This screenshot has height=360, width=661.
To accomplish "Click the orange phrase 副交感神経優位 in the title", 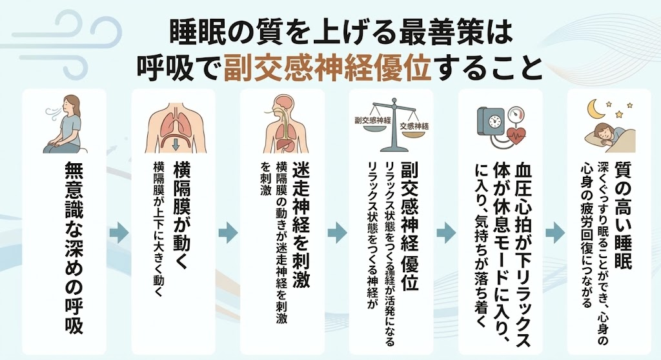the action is [327, 68].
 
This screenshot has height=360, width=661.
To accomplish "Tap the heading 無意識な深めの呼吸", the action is [74, 248].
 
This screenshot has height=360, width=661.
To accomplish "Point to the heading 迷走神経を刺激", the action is [301, 225].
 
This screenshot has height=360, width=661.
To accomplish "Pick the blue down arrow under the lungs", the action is [176, 145].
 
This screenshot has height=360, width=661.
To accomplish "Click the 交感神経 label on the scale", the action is [414, 126].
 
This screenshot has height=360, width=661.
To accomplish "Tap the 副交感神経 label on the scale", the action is [373, 120].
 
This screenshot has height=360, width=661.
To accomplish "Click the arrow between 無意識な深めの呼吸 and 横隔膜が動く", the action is [119, 233].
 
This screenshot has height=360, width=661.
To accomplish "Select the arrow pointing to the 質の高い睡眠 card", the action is [555, 233].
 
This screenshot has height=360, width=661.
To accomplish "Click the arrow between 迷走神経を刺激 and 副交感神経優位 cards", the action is [337, 233].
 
